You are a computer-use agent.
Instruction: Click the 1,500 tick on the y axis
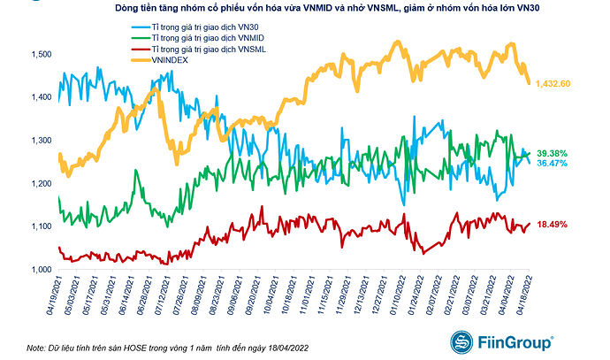41,55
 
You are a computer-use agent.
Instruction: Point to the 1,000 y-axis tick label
41,270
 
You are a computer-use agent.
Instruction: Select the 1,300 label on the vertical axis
41,141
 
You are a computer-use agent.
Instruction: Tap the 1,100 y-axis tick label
41,226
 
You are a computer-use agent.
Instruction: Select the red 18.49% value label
553,226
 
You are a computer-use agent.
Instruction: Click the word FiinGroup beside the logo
514,341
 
